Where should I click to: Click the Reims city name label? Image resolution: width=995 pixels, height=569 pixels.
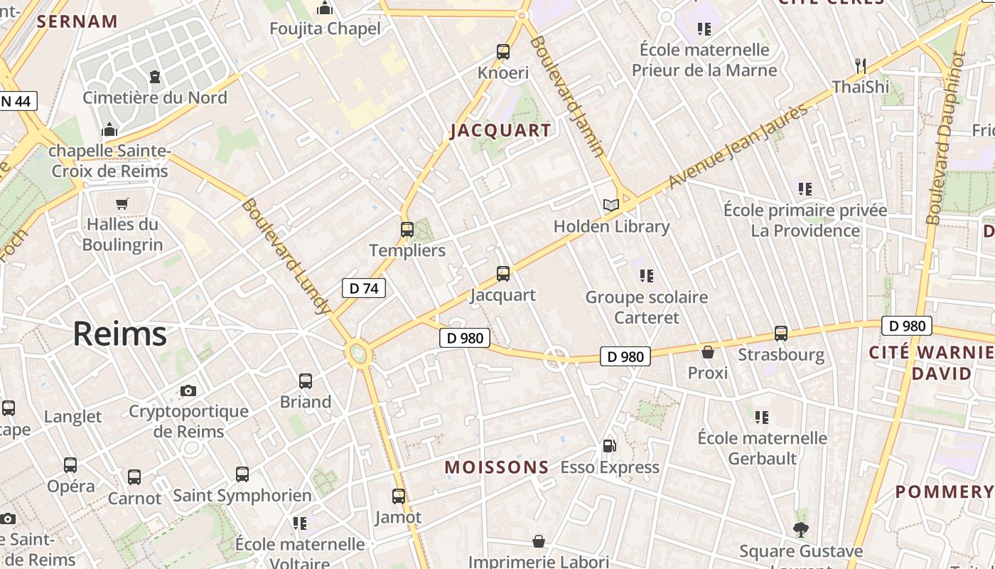(x=119, y=334)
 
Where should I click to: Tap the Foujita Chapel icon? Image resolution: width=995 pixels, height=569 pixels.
(x=325, y=9)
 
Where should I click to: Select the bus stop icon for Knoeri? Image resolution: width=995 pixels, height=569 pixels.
(x=503, y=51)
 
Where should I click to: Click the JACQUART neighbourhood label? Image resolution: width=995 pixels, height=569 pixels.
(x=500, y=130)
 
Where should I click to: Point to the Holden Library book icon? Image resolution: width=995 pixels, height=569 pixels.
(x=611, y=206)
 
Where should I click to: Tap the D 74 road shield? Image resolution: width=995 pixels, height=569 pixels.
(x=364, y=288)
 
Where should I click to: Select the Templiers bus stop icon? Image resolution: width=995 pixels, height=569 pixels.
(x=407, y=230)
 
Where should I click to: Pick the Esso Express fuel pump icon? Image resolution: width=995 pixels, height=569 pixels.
(x=609, y=446)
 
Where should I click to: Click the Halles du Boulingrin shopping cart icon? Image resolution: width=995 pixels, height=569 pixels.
(x=122, y=203)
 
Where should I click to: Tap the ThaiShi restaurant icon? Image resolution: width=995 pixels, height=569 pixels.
(x=861, y=66)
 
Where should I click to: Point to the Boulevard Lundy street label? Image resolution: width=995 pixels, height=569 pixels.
(x=286, y=256)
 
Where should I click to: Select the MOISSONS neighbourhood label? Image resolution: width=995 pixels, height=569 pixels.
(x=497, y=467)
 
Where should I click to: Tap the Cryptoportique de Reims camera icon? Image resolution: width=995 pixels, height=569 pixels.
(x=188, y=390)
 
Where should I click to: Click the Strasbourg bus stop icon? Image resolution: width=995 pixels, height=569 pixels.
(x=781, y=333)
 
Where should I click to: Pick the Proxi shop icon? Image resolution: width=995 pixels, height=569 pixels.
(x=708, y=352)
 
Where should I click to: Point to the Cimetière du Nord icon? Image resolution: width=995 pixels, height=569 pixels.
(x=155, y=76)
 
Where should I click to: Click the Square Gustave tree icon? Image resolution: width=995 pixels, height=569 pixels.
(x=801, y=530)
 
